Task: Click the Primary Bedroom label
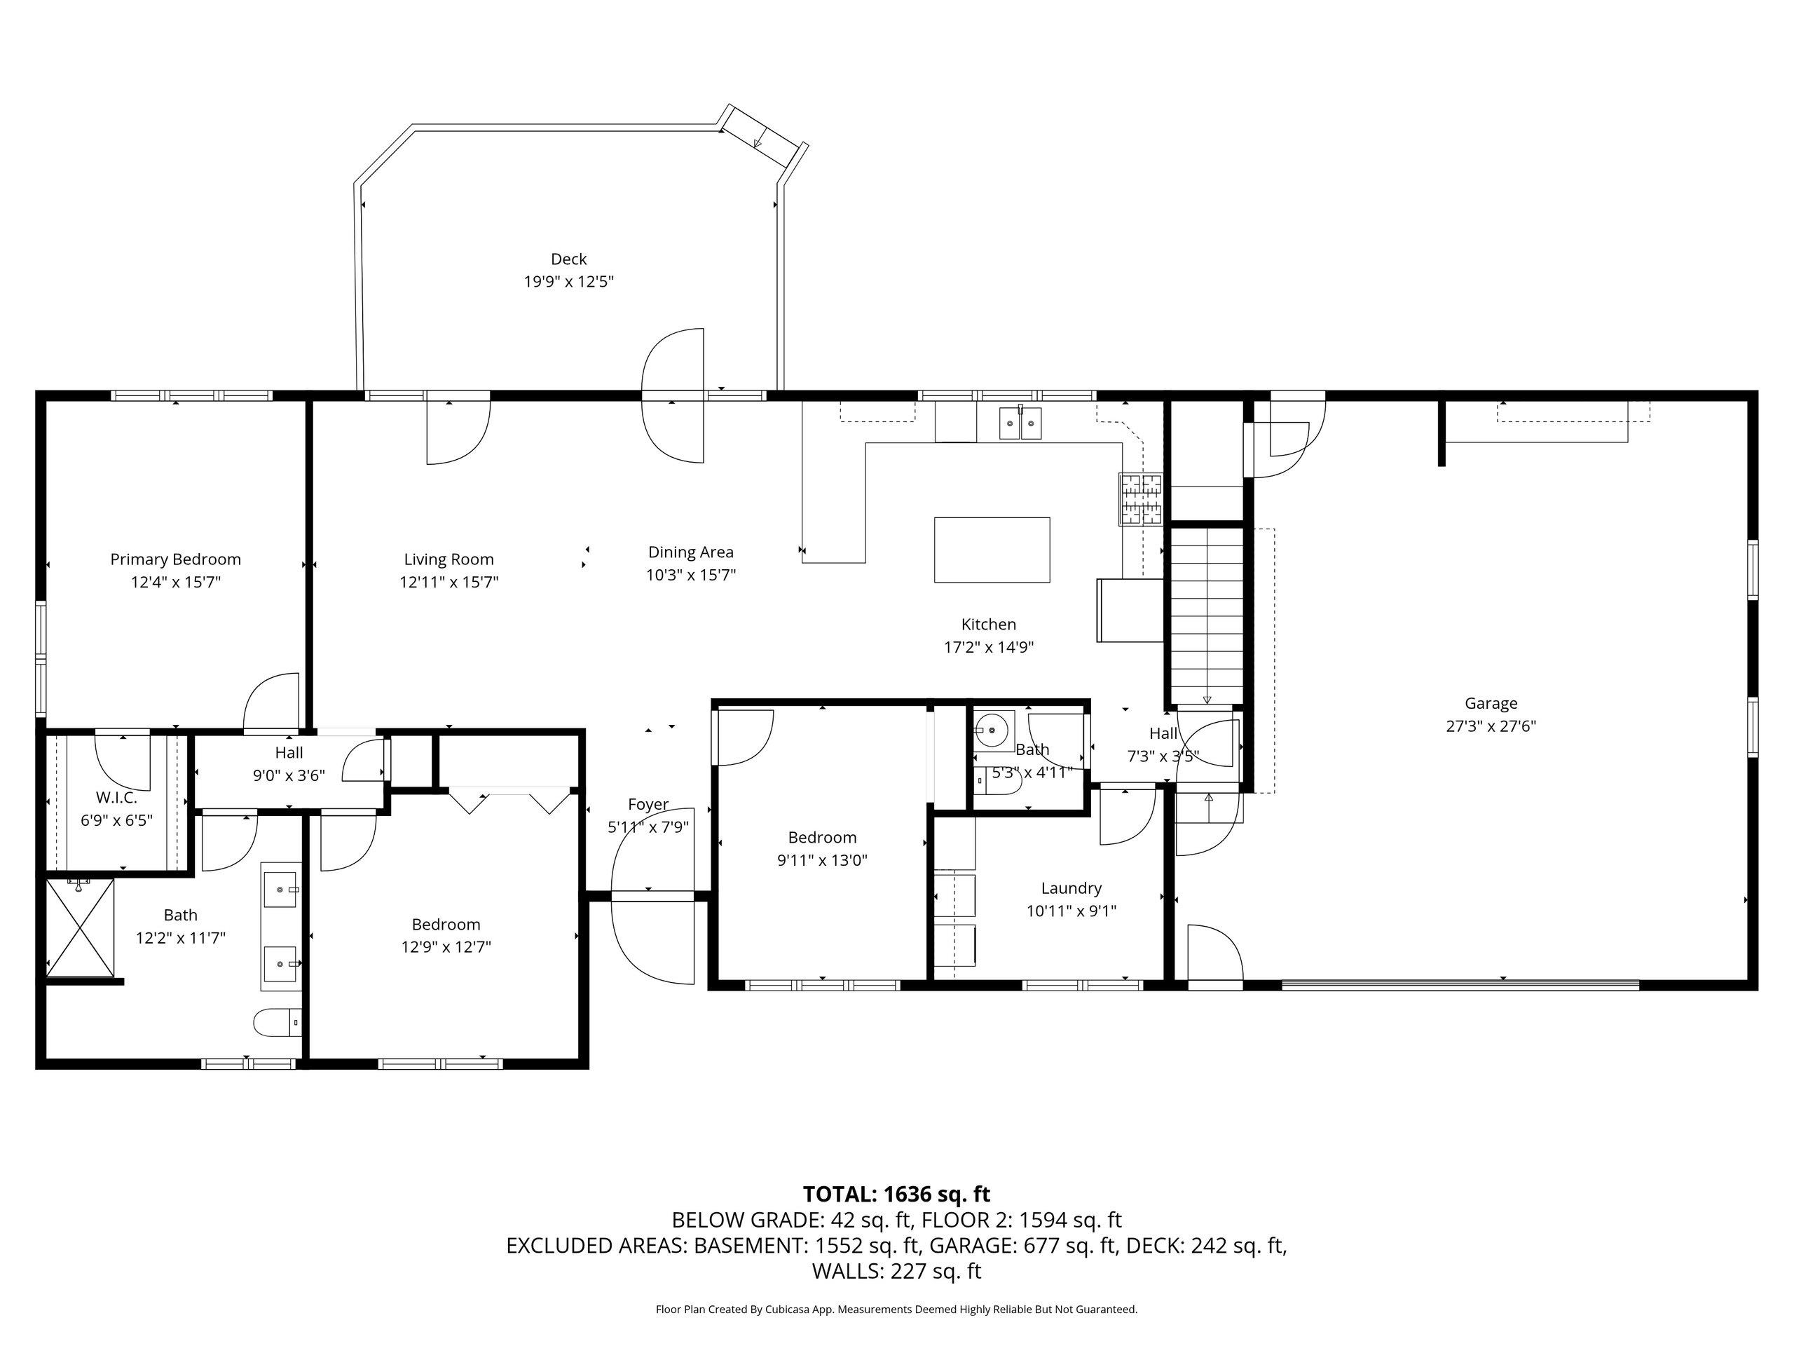click(x=175, y=559)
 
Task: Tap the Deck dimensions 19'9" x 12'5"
click(x=568, y=282)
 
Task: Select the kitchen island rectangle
click(x=992, y=550)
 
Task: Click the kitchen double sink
click(x=1020, y=423)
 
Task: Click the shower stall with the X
click(x=79, y=927)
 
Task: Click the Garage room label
click(x=1491, y=703)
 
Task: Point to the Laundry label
click(x=1071, y=888)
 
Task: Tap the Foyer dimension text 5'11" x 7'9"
click(x=649, y=827)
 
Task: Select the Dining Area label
click(x=691, y=552)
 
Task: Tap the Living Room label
click(x=448, y=559)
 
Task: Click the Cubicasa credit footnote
click(x=896, y=1309)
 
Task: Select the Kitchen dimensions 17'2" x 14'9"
click(x=989, y=646)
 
